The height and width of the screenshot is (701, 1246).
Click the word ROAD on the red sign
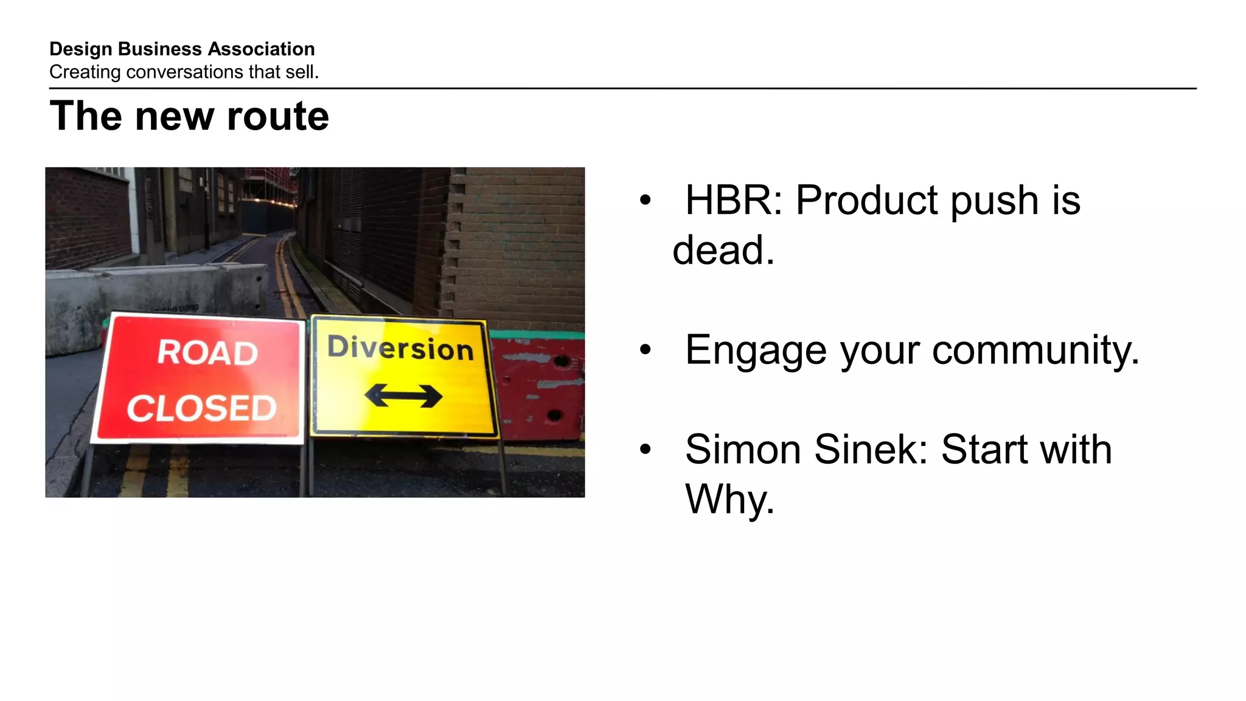tap(207, 353)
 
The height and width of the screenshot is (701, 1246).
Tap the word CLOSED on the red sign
tap(201, 408)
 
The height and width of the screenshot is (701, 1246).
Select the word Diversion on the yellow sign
tap(400, 347)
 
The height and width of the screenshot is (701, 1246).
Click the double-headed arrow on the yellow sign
tap(403, 396)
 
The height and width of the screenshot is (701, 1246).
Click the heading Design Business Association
tap(182, 49)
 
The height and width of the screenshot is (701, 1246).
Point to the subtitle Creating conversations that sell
tap(184, 72)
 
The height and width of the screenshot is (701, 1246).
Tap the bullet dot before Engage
tap(646, 350)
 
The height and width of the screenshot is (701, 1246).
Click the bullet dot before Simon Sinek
tap(646, 450)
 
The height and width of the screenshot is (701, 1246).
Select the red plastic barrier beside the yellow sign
tap(538, 389)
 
